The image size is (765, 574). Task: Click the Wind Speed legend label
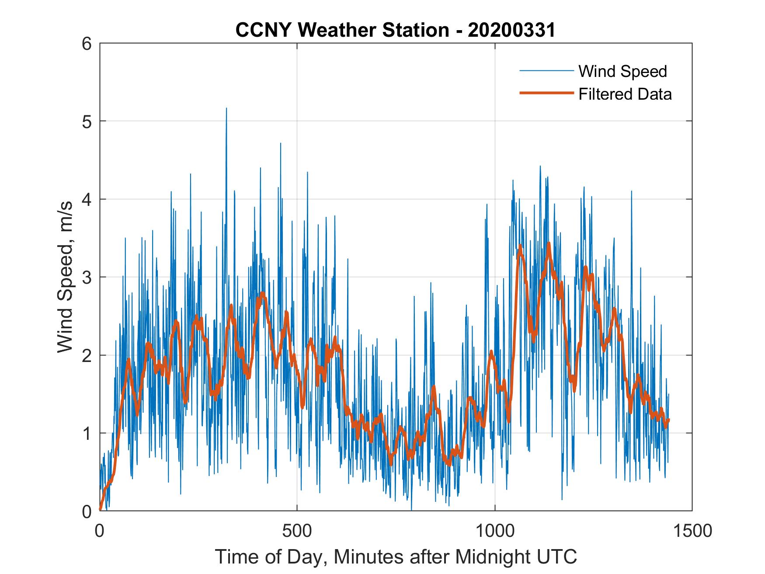[x=622, y=71]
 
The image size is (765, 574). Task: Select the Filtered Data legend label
[x=625, y=94]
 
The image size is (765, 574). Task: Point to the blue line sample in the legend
[x=546, y=71]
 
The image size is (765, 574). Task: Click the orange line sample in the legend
[x=546, y=94]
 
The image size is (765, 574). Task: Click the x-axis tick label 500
[x=297, y=531]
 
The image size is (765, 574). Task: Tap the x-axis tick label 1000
[x=495, y=531]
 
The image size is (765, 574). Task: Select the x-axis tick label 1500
[x=692, y=531]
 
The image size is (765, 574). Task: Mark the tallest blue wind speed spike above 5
[x=226, y=109]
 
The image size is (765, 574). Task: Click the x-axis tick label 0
[x=100, y=531]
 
